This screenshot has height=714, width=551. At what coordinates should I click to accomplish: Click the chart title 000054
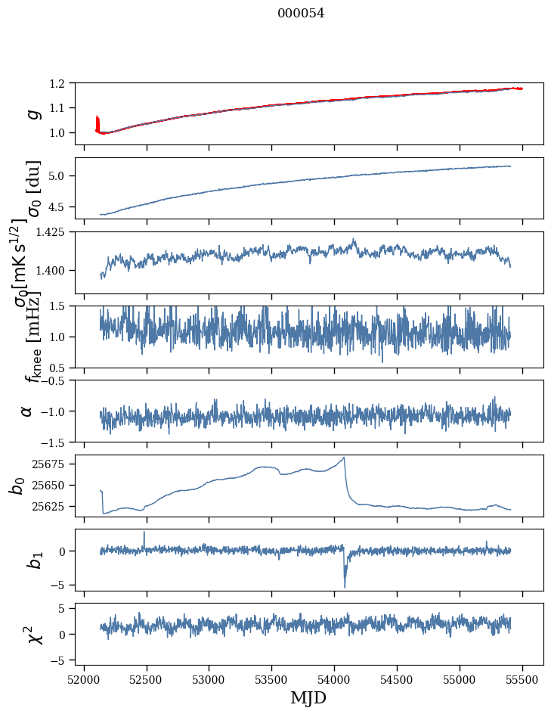click(x=301, y=13)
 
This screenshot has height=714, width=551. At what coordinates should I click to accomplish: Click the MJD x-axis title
click(x=308, y=697)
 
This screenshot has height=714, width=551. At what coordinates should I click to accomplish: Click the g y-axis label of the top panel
click(x=33, y=113)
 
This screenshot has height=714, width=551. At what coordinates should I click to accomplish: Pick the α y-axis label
click(x=26, y=411)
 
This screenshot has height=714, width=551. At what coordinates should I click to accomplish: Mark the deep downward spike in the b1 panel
click(x=345, y=586)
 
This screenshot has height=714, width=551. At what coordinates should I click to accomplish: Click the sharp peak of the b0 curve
click(x=345, y=458)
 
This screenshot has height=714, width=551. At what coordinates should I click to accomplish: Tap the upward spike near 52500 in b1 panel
click(x=144, y=532)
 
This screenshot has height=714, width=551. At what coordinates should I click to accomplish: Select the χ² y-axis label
click(x=34, y=634)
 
